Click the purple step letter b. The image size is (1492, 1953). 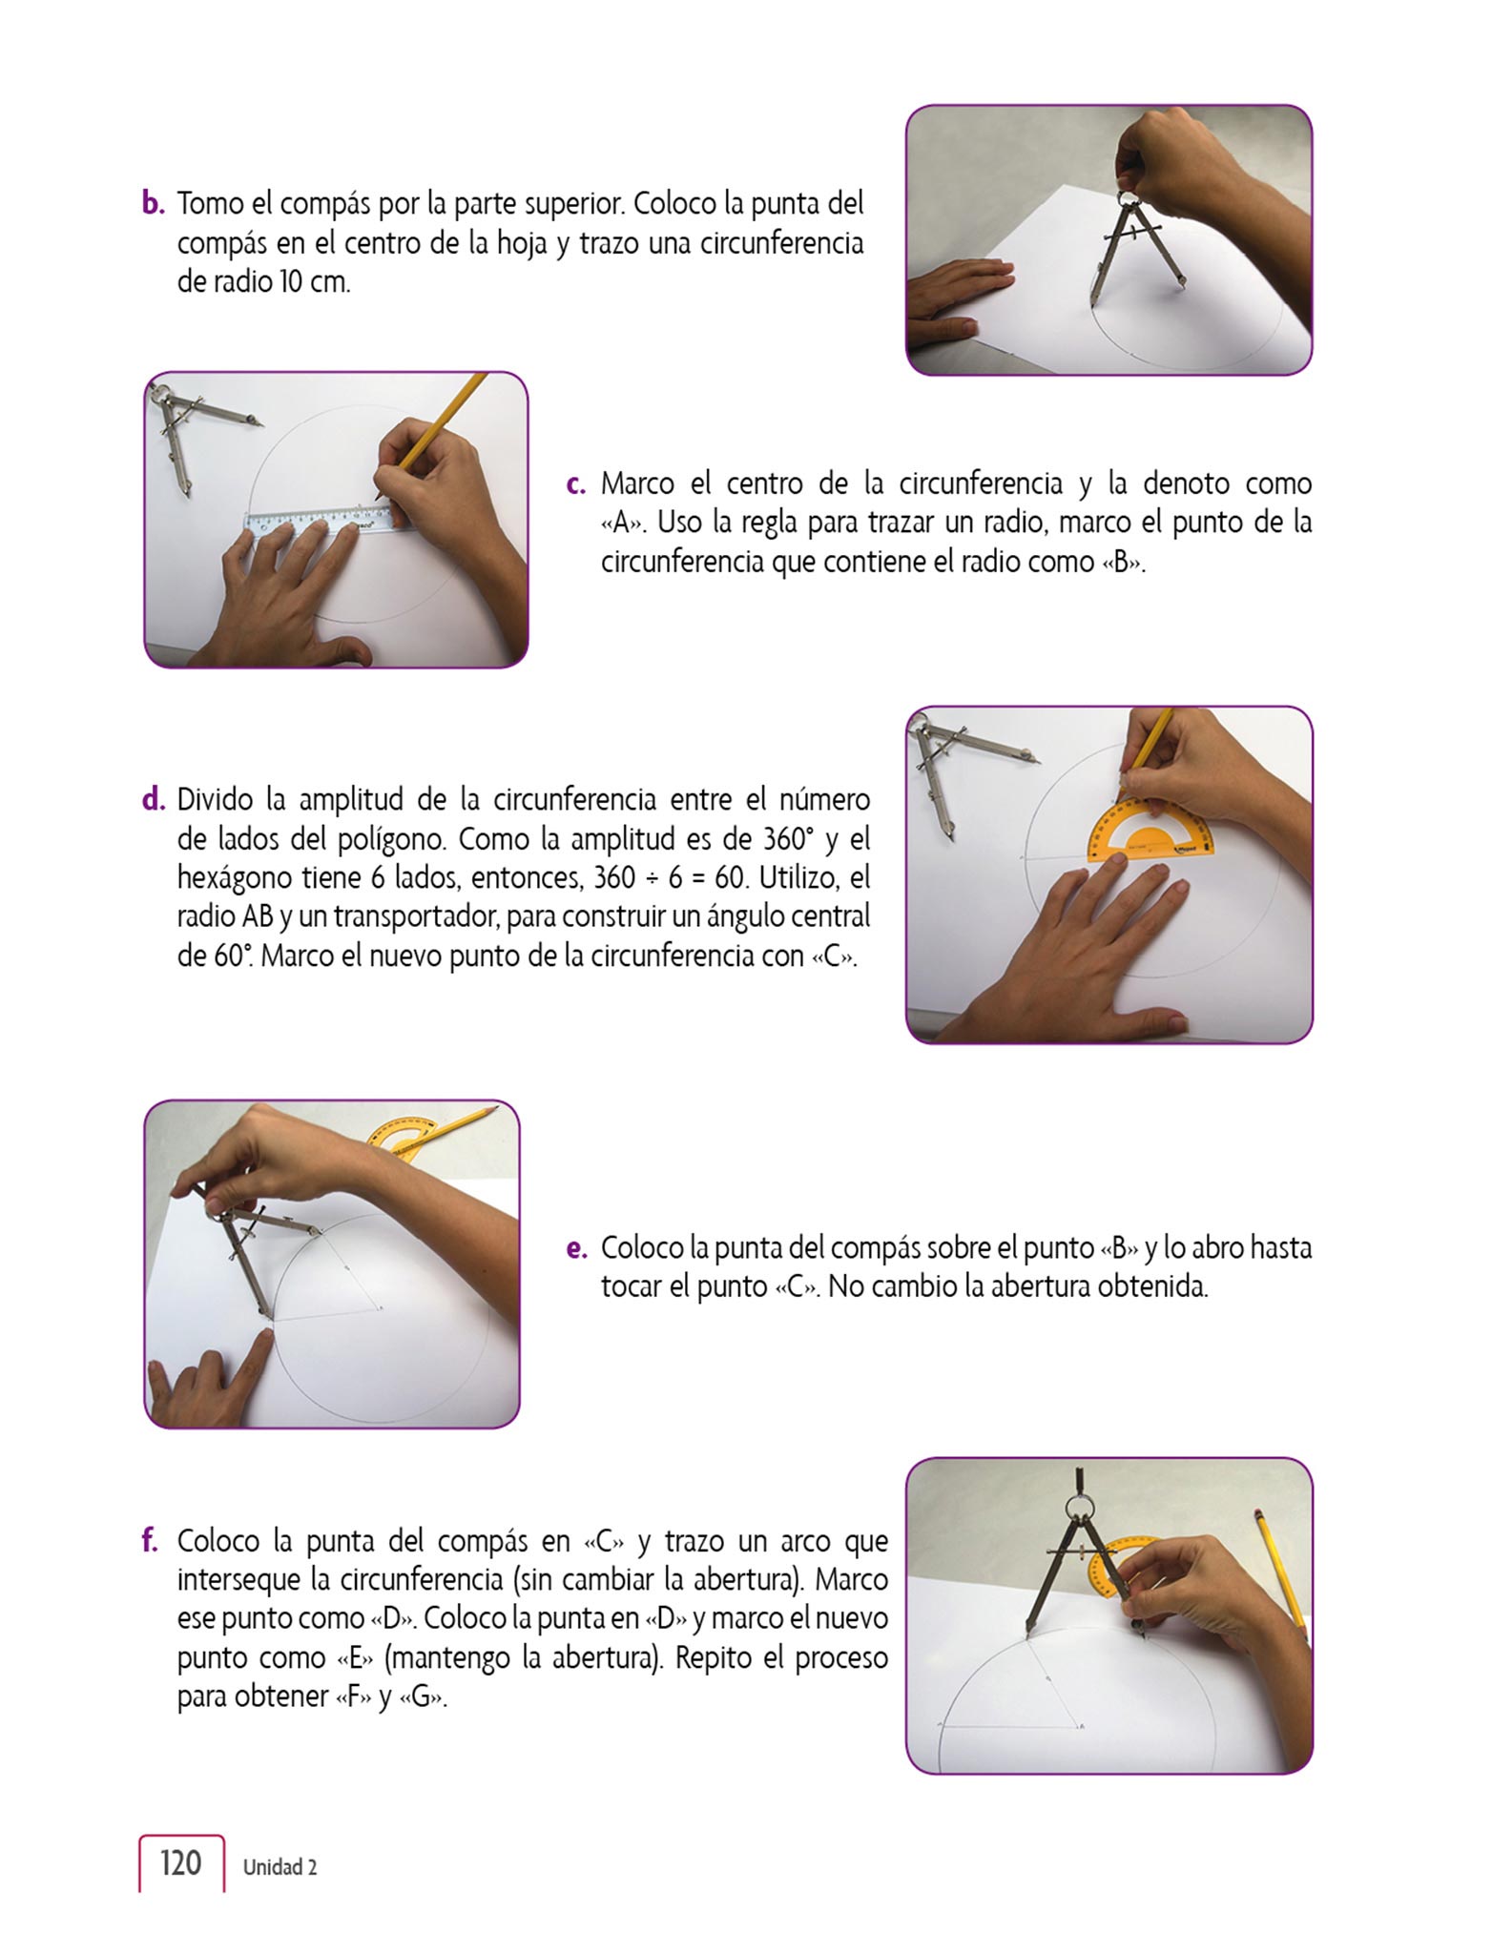[154, 203]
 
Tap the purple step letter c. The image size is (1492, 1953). [575, 484]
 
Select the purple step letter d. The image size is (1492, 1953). [154, 798]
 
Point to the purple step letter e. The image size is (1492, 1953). [575, 1248]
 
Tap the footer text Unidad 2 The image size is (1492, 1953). [280, 1867]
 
